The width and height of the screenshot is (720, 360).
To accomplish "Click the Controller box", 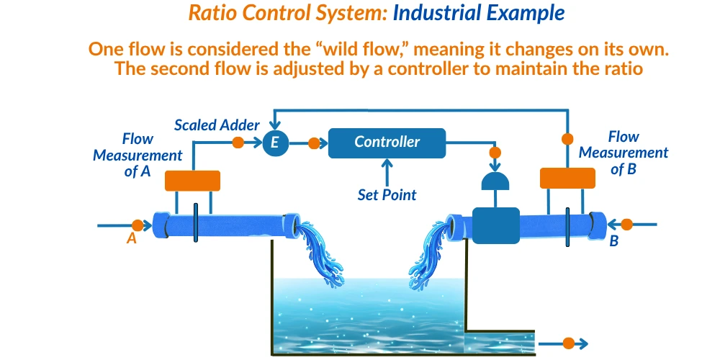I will point(387,143).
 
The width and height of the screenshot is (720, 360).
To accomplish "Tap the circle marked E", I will point(274,143).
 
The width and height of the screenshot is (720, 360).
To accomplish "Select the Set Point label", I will point(387,194).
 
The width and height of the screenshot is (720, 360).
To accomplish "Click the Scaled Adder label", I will point(217,125).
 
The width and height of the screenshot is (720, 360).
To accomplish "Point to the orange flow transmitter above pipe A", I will point(192,181).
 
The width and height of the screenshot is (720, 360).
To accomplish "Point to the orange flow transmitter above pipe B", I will point(567,178).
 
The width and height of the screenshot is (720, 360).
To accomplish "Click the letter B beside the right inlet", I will point(614,241).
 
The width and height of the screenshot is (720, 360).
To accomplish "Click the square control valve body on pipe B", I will point(495,225).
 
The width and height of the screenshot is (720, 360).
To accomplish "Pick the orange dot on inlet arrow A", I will point(137,225).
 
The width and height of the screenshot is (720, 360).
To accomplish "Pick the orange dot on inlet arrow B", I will point(626,225).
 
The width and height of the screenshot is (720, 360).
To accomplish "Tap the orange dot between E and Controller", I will point(313,143).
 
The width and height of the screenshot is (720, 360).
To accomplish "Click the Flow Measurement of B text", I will point(624,153).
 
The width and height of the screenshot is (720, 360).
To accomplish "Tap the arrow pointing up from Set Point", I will point(387,171).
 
